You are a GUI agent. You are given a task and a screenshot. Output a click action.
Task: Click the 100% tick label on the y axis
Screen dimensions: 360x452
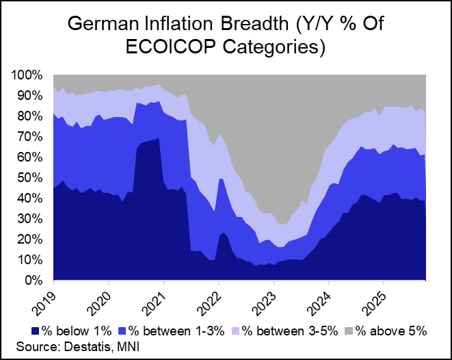pos(29,75)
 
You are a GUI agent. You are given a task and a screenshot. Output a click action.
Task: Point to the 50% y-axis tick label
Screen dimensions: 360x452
pos(31,177)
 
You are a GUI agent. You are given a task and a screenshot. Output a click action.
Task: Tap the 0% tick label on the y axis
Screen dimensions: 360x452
pos(35,281)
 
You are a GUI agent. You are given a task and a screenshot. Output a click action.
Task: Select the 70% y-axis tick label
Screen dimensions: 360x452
pos(31,136)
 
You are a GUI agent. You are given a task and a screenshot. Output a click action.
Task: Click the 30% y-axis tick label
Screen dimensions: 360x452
pos(31,219)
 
